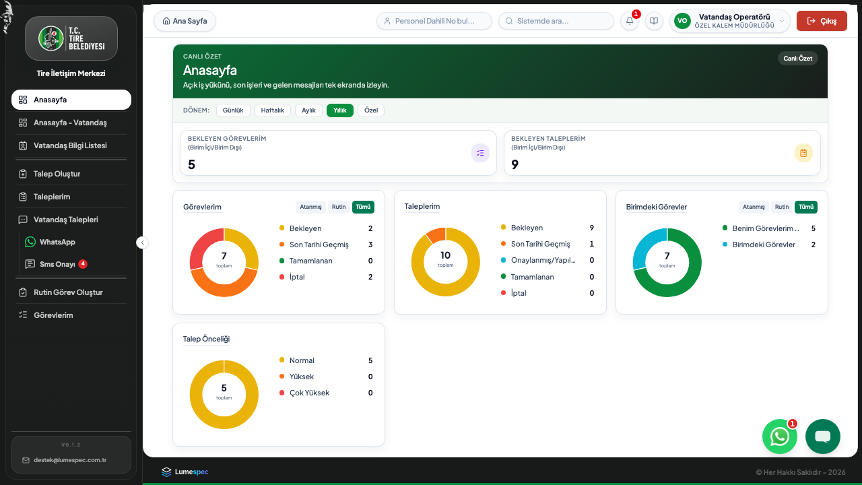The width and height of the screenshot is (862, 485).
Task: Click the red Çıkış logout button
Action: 822,21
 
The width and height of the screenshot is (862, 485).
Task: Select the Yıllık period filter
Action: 340,110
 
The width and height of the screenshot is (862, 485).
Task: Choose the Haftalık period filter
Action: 273,110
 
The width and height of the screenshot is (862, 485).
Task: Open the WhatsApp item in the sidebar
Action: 57,242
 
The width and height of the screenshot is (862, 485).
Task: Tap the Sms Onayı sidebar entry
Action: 57,264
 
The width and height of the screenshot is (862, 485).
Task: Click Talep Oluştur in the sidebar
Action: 57,174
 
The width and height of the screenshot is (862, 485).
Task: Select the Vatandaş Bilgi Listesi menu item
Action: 70,145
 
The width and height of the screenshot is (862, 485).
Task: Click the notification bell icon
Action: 630,21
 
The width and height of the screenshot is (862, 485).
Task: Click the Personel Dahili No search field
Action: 434,21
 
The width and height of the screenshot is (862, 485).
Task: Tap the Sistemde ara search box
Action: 556,21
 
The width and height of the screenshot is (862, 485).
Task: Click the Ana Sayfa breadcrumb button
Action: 185,21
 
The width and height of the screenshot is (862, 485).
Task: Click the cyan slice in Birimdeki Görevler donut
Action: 646,246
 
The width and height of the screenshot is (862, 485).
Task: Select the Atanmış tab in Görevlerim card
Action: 310,207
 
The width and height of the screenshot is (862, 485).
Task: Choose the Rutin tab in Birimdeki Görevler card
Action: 782,207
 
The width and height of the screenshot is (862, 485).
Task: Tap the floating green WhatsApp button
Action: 780,437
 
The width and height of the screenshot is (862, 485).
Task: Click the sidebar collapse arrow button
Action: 142,243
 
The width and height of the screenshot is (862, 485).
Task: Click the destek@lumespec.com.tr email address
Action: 70,460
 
